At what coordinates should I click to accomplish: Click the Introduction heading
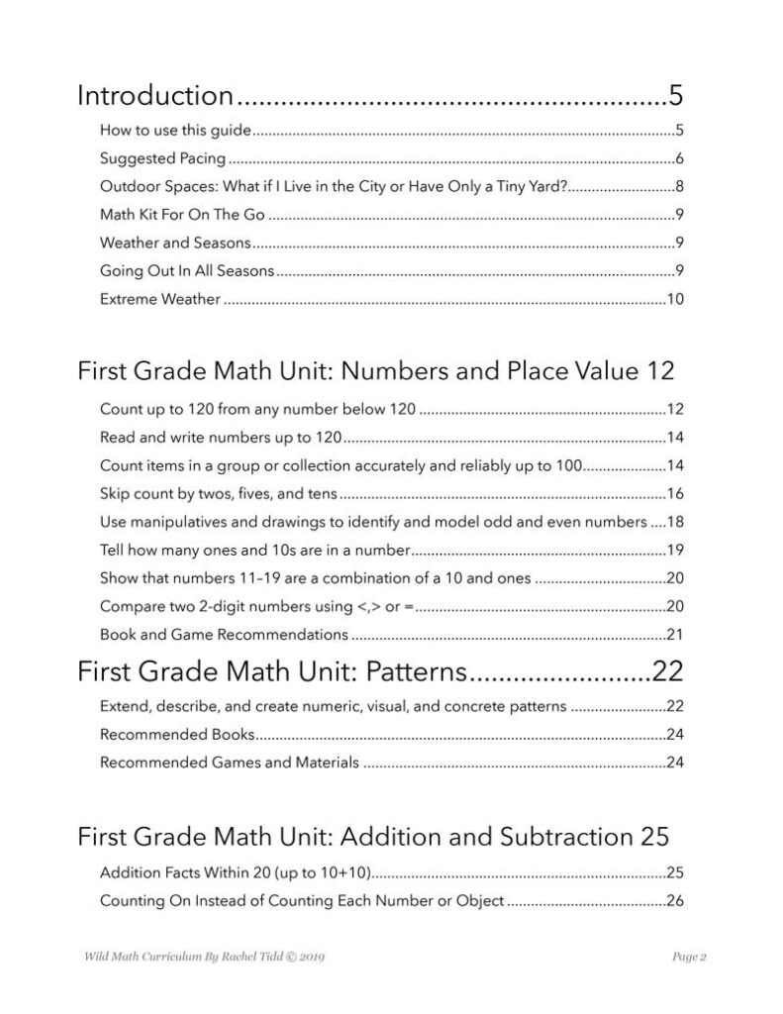[x=155, y=96]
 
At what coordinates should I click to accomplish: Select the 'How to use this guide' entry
[x=175, y=130]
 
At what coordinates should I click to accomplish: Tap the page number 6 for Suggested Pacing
[x=679, y=158]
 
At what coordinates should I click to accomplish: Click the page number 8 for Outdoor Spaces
[x=679, y=186]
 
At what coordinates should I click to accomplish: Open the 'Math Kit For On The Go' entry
[x=182, y=214]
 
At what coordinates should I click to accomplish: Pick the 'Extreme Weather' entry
[x=159, y=298]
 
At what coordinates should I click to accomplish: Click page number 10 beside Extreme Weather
[x=675, y=298]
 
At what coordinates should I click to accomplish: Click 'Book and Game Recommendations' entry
[x=224, y=634]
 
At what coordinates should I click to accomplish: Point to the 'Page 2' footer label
[x=688, y=958]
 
